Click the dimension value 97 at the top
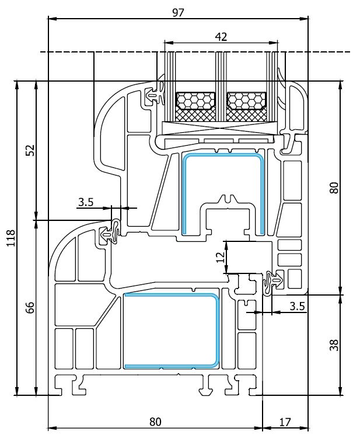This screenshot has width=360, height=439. coord(178,13)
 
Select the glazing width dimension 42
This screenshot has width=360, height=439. coord(221,37)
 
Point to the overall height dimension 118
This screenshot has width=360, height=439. coord(11,238)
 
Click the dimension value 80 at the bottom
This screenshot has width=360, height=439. coord(155,422)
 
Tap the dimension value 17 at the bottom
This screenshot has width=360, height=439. coord(285,422)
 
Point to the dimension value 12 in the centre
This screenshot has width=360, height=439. coord(221,257)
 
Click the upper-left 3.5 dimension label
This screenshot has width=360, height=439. coord(85,202)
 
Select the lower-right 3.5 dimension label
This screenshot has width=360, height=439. coord(297,306)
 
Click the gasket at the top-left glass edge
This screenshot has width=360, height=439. coord(156,94)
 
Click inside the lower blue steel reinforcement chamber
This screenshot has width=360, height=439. coord(170,331)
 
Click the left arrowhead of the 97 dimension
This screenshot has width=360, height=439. coord(53,19)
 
